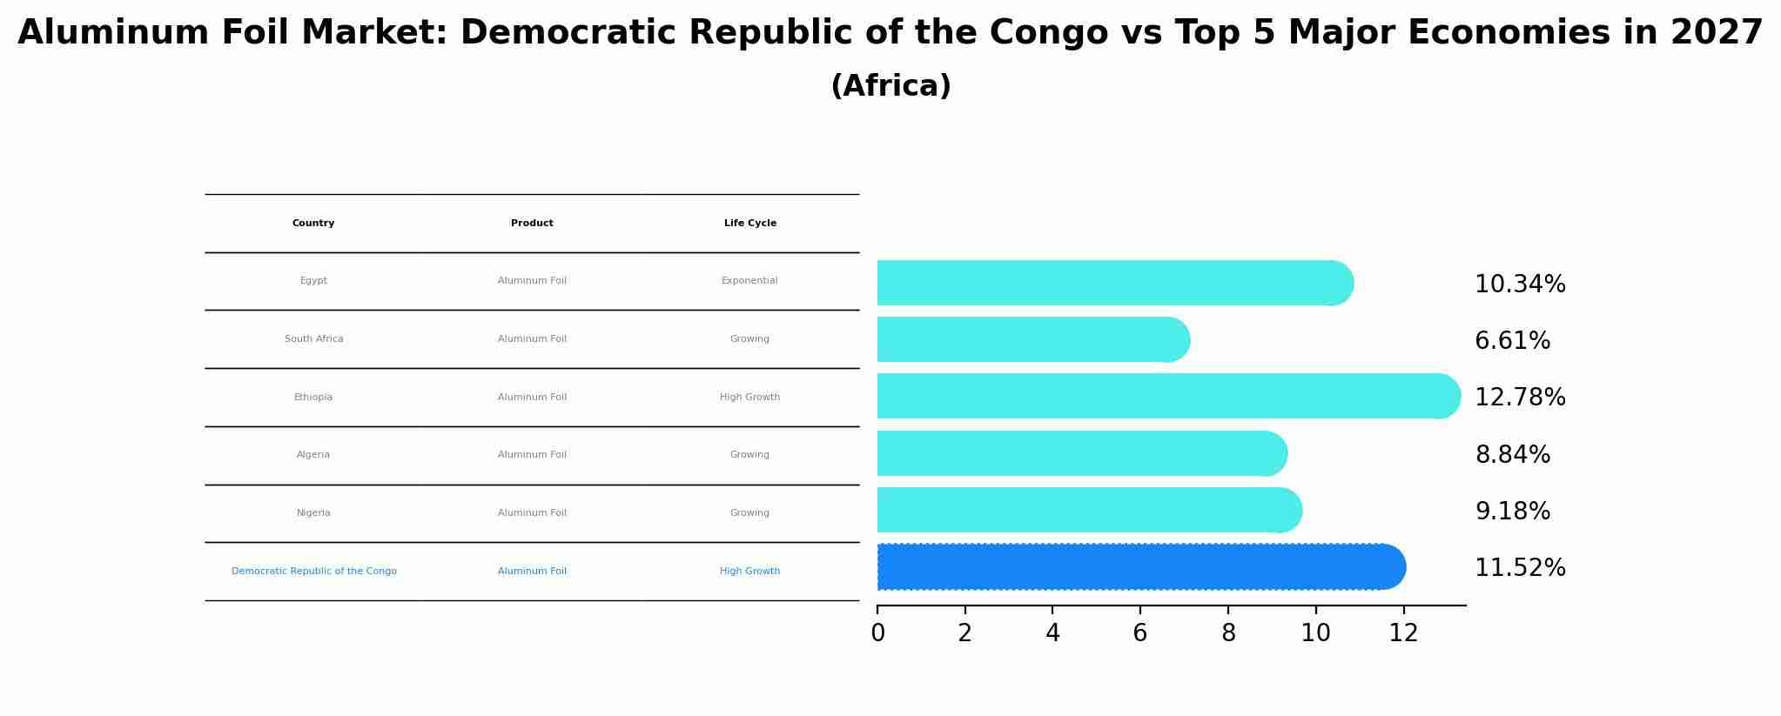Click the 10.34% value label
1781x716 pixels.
[1520, 284]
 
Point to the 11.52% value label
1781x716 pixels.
[1520, 568]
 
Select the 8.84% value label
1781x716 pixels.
[1512, 455]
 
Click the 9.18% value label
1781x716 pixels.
[1512, 512]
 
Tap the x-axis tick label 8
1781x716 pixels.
[1228, 633]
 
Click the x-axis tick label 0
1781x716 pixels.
[877, 633]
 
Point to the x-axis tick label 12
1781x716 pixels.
[1403, 633]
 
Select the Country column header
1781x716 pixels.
[313, 224]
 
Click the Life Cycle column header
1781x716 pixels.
[749, 224]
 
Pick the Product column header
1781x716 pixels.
[532, 224]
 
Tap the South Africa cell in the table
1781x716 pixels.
[313, 339]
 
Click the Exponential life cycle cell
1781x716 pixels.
[749, 281]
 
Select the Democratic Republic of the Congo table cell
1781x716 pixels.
[313, 572]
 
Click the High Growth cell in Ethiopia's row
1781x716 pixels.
[749, 398]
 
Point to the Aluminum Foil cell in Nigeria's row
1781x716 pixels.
[532, 513]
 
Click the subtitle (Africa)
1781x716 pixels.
[890, 86]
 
